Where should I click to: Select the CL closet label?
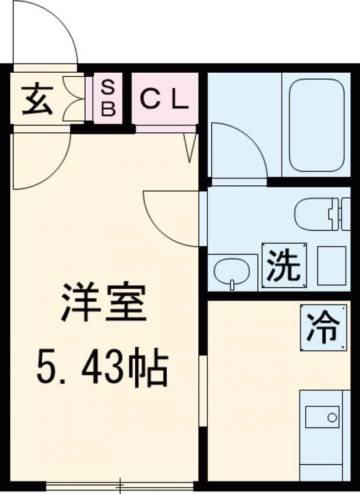pyautogui.click(x=164, y=100)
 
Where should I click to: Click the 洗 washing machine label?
pyautogui.click(x=283, y=266)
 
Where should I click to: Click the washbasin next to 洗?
pyautogui.click(x=233, y=272)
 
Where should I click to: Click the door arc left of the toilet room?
pyautogui.click(x=171, y=216)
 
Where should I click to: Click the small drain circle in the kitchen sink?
pyautogui.click(x=333, y=416)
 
